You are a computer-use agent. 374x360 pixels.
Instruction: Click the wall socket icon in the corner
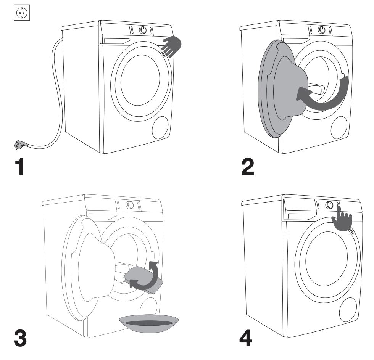tap(22, 13)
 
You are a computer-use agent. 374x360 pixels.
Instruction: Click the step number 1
tap(19, 166)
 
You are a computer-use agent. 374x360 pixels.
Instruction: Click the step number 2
tap(248, 166)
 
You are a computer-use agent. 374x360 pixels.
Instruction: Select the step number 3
tap(20, 338)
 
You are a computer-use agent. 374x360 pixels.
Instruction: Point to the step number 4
tap(246, 338)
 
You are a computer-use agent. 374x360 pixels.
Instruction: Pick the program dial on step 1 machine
tap(143, 30)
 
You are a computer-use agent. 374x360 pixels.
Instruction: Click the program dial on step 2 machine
tap(322, 30)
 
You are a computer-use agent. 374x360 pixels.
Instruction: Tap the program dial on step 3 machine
tap(130, 204)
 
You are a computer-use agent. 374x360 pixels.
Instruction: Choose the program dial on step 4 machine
tap(330, 204)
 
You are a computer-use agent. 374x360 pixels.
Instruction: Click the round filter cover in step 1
tap(160, 127)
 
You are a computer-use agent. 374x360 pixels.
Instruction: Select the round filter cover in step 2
tap(339, 127)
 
